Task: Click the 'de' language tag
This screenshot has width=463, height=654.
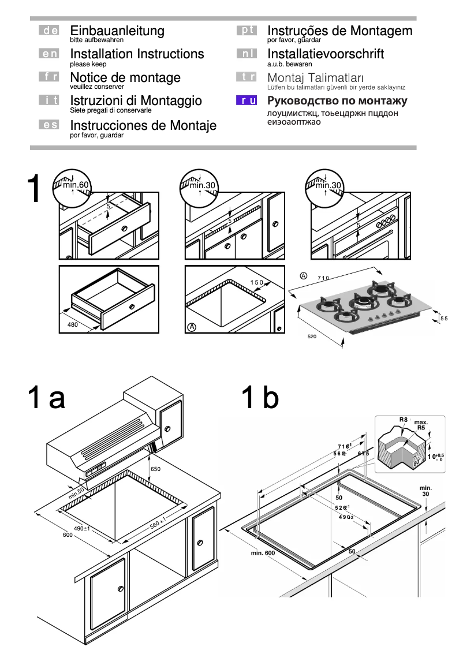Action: click(x=48, y=31)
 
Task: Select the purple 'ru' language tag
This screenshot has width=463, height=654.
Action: click(x=247, y=101)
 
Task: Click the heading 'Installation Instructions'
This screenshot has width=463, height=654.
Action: click(x=137, y=54)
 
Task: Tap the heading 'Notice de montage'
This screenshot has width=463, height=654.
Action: click(x=125, y=77)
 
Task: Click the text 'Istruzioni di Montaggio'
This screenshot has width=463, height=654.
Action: click(x=136, y=101)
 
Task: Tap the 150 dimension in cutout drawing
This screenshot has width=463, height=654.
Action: click(x=256, y=282)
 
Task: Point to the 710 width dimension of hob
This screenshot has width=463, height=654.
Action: click(x=323, y=278)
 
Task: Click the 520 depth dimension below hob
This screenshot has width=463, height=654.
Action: click(x=312, y=335)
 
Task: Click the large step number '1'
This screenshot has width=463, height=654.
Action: click(x=35, y=189)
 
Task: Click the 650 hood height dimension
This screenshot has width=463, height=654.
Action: click(x=155, y=469)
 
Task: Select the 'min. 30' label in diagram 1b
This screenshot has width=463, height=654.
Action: click(x=425, y=491)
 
